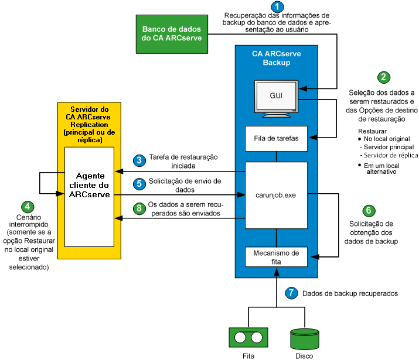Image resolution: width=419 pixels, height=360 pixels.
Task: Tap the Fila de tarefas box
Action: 276,139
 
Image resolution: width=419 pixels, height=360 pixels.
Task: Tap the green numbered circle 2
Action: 383,77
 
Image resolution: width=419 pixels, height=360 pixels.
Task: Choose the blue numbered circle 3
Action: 138,160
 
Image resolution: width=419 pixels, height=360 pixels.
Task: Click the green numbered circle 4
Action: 27,207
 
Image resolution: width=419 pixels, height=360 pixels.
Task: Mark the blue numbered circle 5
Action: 138,183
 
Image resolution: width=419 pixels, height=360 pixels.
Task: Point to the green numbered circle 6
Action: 368,211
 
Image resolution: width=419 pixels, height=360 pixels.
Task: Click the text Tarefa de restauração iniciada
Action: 183,160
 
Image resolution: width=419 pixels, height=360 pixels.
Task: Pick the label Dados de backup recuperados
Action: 350,292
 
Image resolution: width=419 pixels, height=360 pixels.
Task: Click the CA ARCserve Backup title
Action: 276,57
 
